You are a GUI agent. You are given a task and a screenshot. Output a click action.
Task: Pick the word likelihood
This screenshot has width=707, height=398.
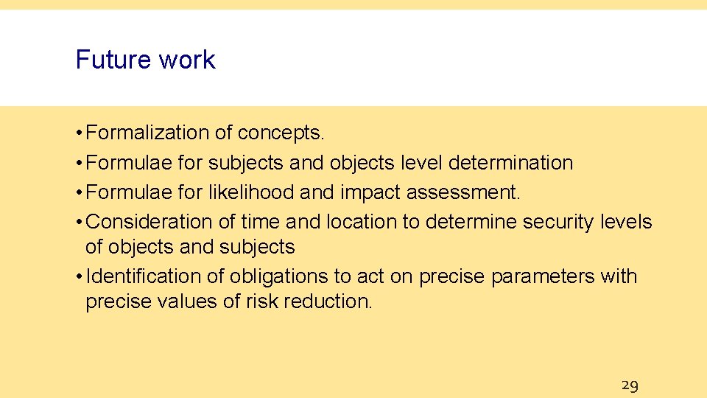coord(252,192)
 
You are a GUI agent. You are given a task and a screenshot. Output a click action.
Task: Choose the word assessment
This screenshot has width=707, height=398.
coord(463,192)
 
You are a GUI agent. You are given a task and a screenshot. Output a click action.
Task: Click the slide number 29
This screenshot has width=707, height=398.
coord(630,385)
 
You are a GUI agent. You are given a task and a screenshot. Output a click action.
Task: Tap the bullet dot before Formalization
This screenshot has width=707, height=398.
coord(78,133)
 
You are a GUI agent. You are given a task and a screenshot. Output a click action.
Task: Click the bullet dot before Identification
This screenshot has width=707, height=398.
coord(78,277)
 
